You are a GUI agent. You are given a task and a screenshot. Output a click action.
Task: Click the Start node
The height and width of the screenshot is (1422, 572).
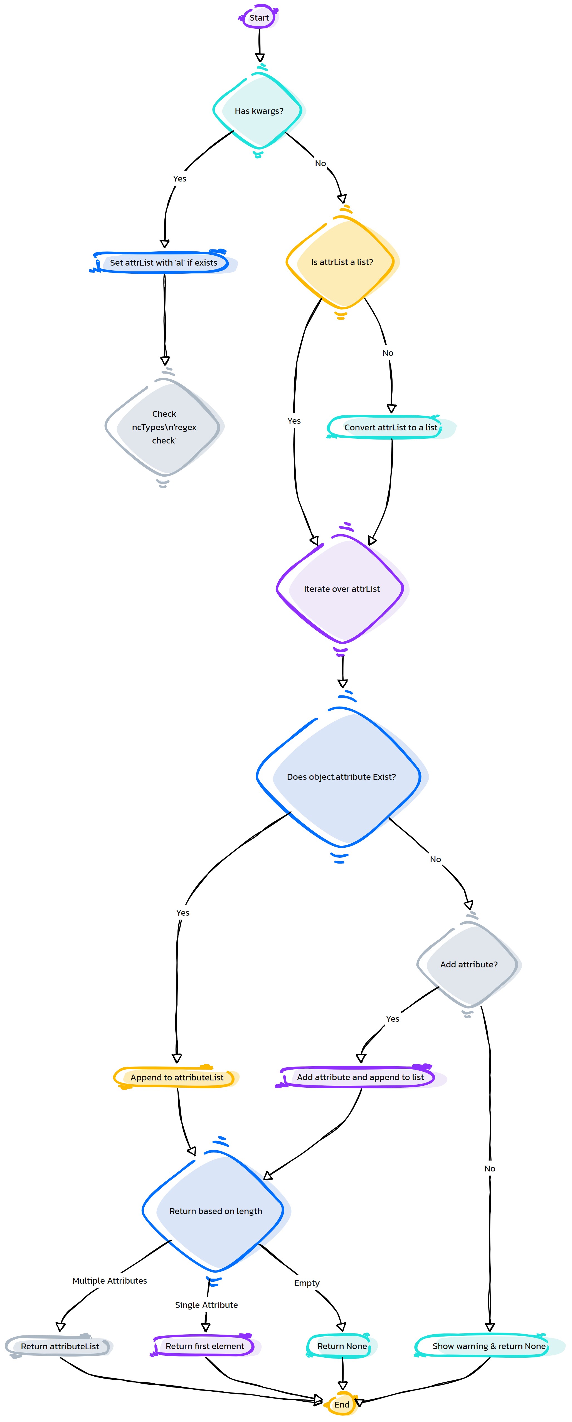(x=259, y=18)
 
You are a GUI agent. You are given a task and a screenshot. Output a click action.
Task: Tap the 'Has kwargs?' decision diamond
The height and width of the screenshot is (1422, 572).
(x=259, y=111)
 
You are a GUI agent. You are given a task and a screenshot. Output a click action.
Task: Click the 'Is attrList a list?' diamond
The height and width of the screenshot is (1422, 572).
(x=342, y=262)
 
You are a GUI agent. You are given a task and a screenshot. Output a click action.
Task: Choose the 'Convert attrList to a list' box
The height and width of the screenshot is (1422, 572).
(x=391, y=427)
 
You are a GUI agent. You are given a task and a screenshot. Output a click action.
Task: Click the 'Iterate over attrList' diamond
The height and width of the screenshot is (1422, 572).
(x=342, y=589)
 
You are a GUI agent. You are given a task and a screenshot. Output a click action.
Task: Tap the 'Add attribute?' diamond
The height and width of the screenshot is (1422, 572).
(x=469, y=964)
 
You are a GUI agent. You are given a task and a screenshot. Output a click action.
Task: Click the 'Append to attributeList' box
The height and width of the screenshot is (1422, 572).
(x=176, y=1078)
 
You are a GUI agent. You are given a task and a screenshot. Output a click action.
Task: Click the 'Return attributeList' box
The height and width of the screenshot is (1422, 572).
(x=60, y=1346)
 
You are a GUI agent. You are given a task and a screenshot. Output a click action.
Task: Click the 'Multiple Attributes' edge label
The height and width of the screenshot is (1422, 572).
(x=110, y=1281)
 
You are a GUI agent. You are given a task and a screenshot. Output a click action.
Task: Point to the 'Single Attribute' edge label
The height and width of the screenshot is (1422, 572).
(x=206, y=1305)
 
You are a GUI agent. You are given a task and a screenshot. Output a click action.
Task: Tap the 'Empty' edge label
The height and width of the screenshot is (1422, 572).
(x=307, y=1283)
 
